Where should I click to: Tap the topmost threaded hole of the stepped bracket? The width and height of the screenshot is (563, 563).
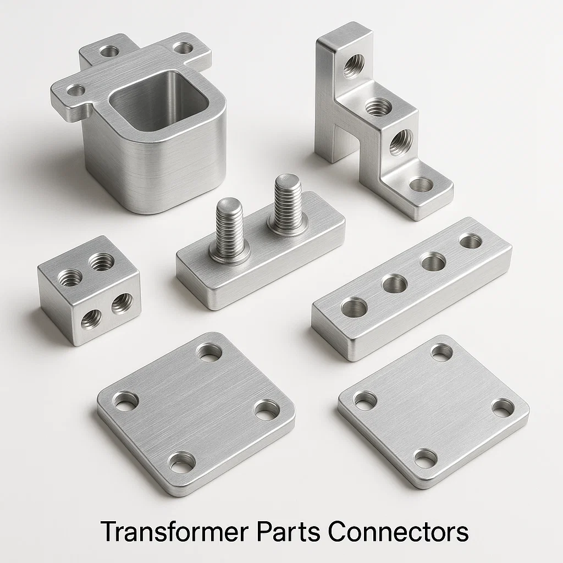[353, 65]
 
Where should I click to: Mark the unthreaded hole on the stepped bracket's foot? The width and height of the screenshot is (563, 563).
[421, 185]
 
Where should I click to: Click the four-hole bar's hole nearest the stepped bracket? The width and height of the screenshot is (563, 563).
[471, 241]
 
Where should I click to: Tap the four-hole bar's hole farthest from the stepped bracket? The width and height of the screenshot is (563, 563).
[354, 307]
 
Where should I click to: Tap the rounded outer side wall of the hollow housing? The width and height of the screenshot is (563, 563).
[154, 165]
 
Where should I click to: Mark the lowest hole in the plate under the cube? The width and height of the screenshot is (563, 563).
[181, 462]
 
